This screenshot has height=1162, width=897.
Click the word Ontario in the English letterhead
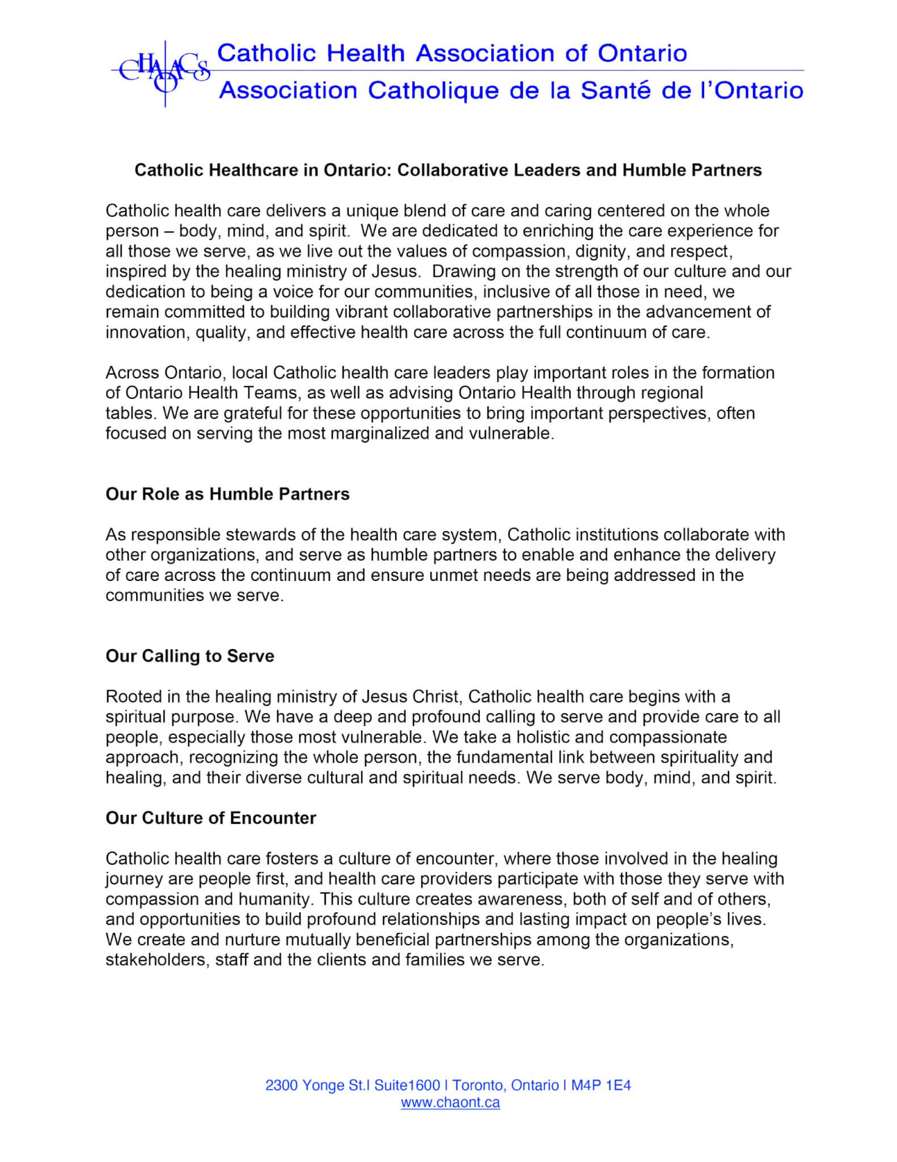[x=642, y=53]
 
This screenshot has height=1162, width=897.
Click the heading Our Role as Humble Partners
[x=227, y=494]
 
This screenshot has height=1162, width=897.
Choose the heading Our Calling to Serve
[x=190, y=656]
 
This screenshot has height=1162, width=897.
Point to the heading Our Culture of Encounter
[x=210, y=818]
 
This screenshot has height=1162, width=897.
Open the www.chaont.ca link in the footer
[x=450, y=1102]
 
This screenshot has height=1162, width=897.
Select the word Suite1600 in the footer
[x=407, y=1085]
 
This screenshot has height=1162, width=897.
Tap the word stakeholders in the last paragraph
[x=156, y=959]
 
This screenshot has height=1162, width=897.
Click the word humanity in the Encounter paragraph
[x=276, y=899]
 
